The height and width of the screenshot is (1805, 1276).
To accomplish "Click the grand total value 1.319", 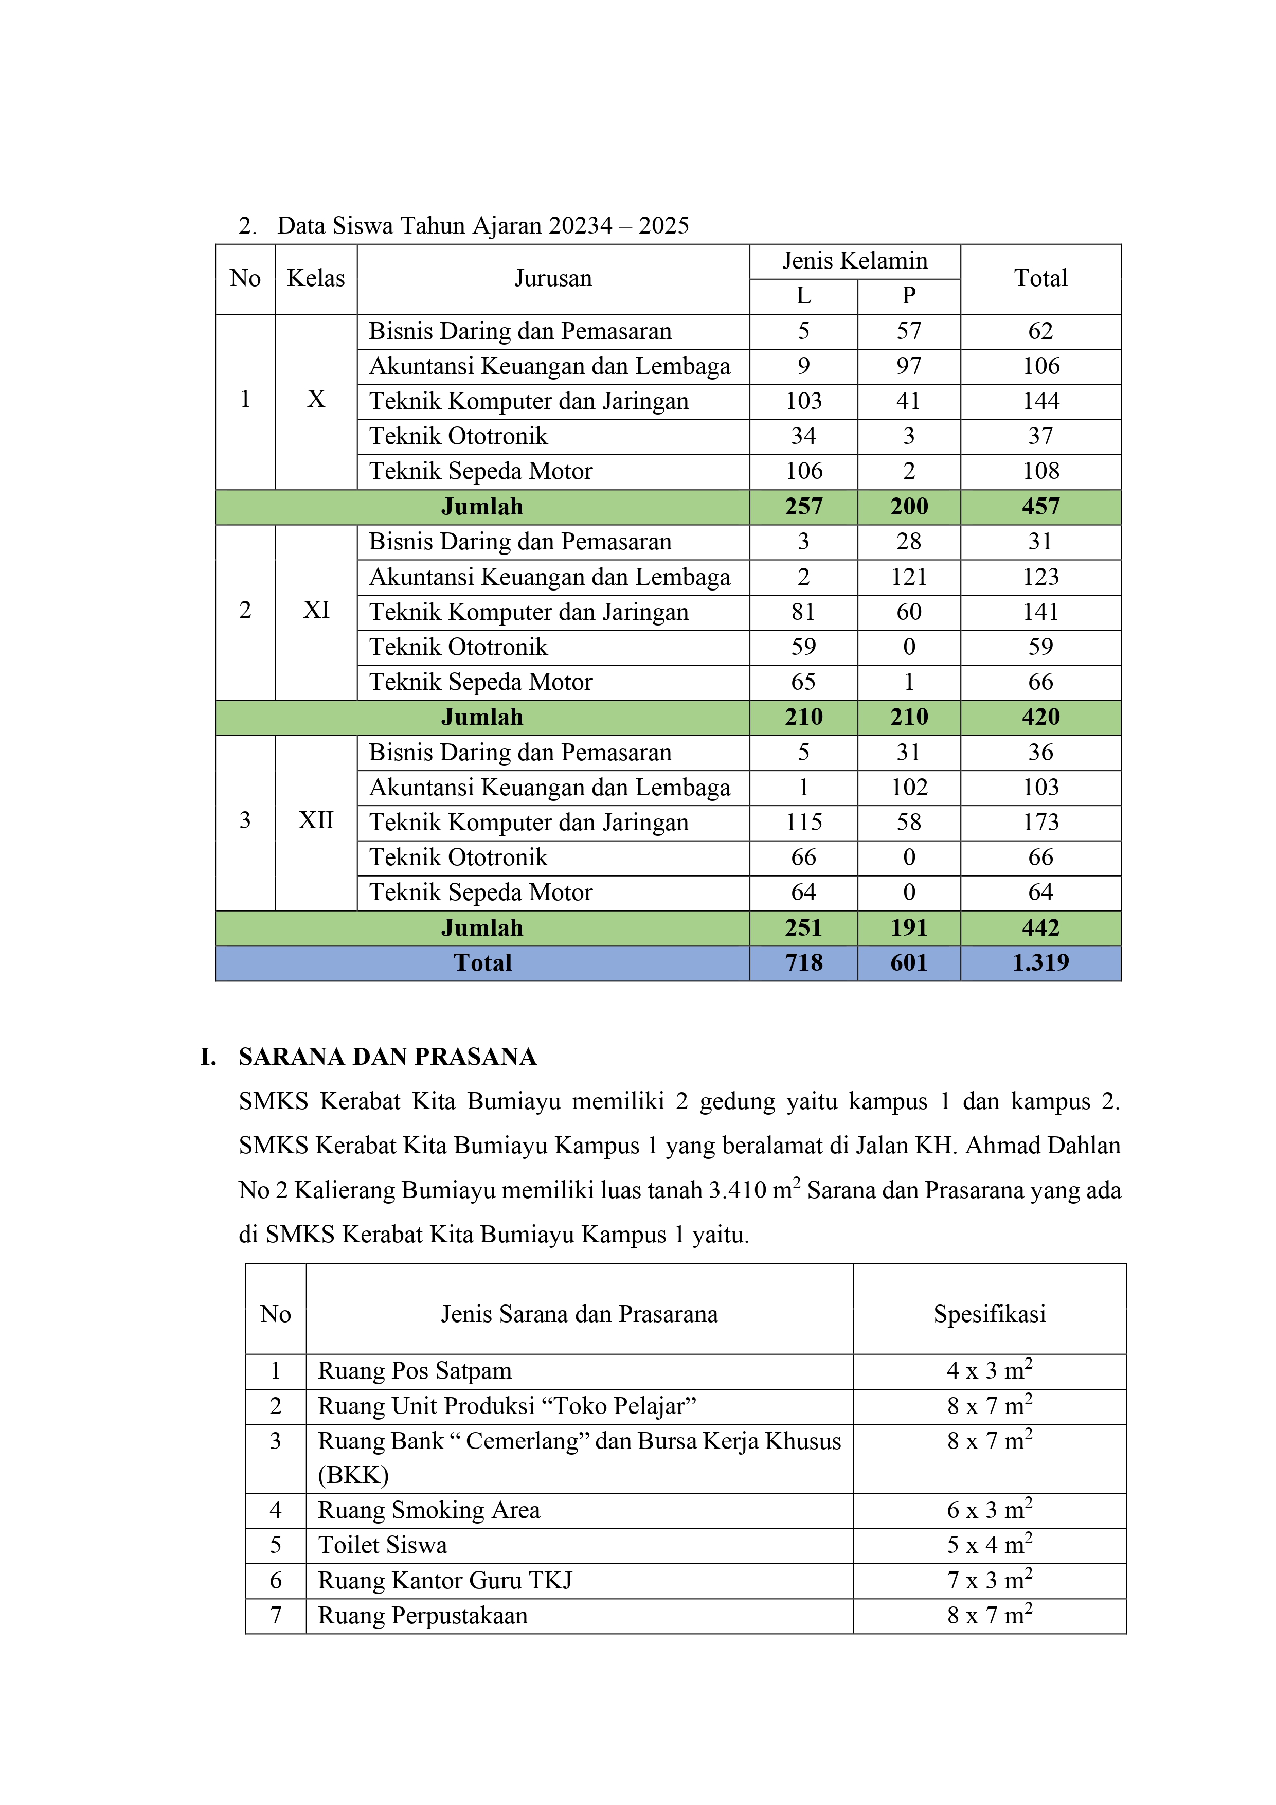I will tap(1040, 963).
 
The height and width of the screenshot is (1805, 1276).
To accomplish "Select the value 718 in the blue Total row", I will tap(803, 963).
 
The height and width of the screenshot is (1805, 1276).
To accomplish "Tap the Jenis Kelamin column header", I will tap(855, 261).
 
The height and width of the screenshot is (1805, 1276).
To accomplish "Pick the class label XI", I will tap(316, 610).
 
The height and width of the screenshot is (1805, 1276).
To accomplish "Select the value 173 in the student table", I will tap(1040, 823).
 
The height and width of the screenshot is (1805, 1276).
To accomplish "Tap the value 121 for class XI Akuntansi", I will tap(908, 577).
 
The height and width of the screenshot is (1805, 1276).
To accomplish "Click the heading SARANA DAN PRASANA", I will tap(388, 1058).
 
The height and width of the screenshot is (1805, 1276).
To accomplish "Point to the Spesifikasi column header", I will tap(989, 1314).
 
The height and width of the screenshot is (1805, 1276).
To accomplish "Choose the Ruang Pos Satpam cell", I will tap(415, 1371).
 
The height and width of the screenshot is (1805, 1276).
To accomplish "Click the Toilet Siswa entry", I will tap(382, 1546).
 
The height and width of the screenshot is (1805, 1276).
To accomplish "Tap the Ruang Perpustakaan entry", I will tap(422, 1616).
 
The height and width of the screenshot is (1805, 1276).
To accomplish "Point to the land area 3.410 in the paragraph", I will tap(736, 1190).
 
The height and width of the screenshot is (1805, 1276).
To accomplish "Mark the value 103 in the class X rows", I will tap(803, 401).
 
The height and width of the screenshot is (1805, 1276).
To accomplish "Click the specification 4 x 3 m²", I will tap(989, 1370).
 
